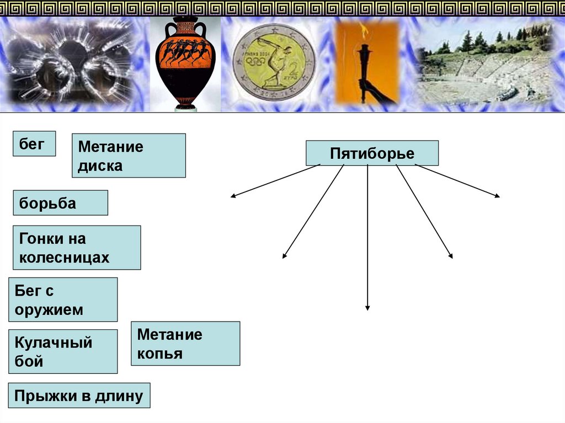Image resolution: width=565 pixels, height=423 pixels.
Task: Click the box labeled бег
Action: pyautogui.click(x=34, y=143)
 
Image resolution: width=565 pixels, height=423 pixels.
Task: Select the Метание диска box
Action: pyautogui.click(x=129, y=156)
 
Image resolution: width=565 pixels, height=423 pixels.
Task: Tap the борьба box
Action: pyautogui.click(x=60, y=203)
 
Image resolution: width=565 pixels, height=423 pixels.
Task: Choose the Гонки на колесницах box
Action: pyautogui.click(x=77, y=248)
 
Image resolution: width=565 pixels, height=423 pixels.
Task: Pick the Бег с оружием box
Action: pyautogui.click(x=63, y=299)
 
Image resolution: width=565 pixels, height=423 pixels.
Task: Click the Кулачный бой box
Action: pyautogui.click(x=63, y=351)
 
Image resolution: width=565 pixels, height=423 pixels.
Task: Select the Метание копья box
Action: pyautogui.click(x=185, y=344)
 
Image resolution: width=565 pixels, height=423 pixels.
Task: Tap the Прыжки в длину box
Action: pyautogui.click(x=79, y=395)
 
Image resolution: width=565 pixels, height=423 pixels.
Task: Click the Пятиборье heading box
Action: pyautogui.click(x=372, y=153)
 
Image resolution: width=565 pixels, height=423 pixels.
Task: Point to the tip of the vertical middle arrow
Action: pyautogui.click(x=367, y=309)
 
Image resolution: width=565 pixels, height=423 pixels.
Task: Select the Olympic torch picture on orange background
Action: pyautogui.click(x=366, y=63)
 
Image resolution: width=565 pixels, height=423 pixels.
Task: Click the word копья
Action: pyautogui.click(x=160, y=354)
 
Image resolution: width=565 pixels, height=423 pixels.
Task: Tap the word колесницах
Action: pyautogui.click(x=65, y=258)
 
